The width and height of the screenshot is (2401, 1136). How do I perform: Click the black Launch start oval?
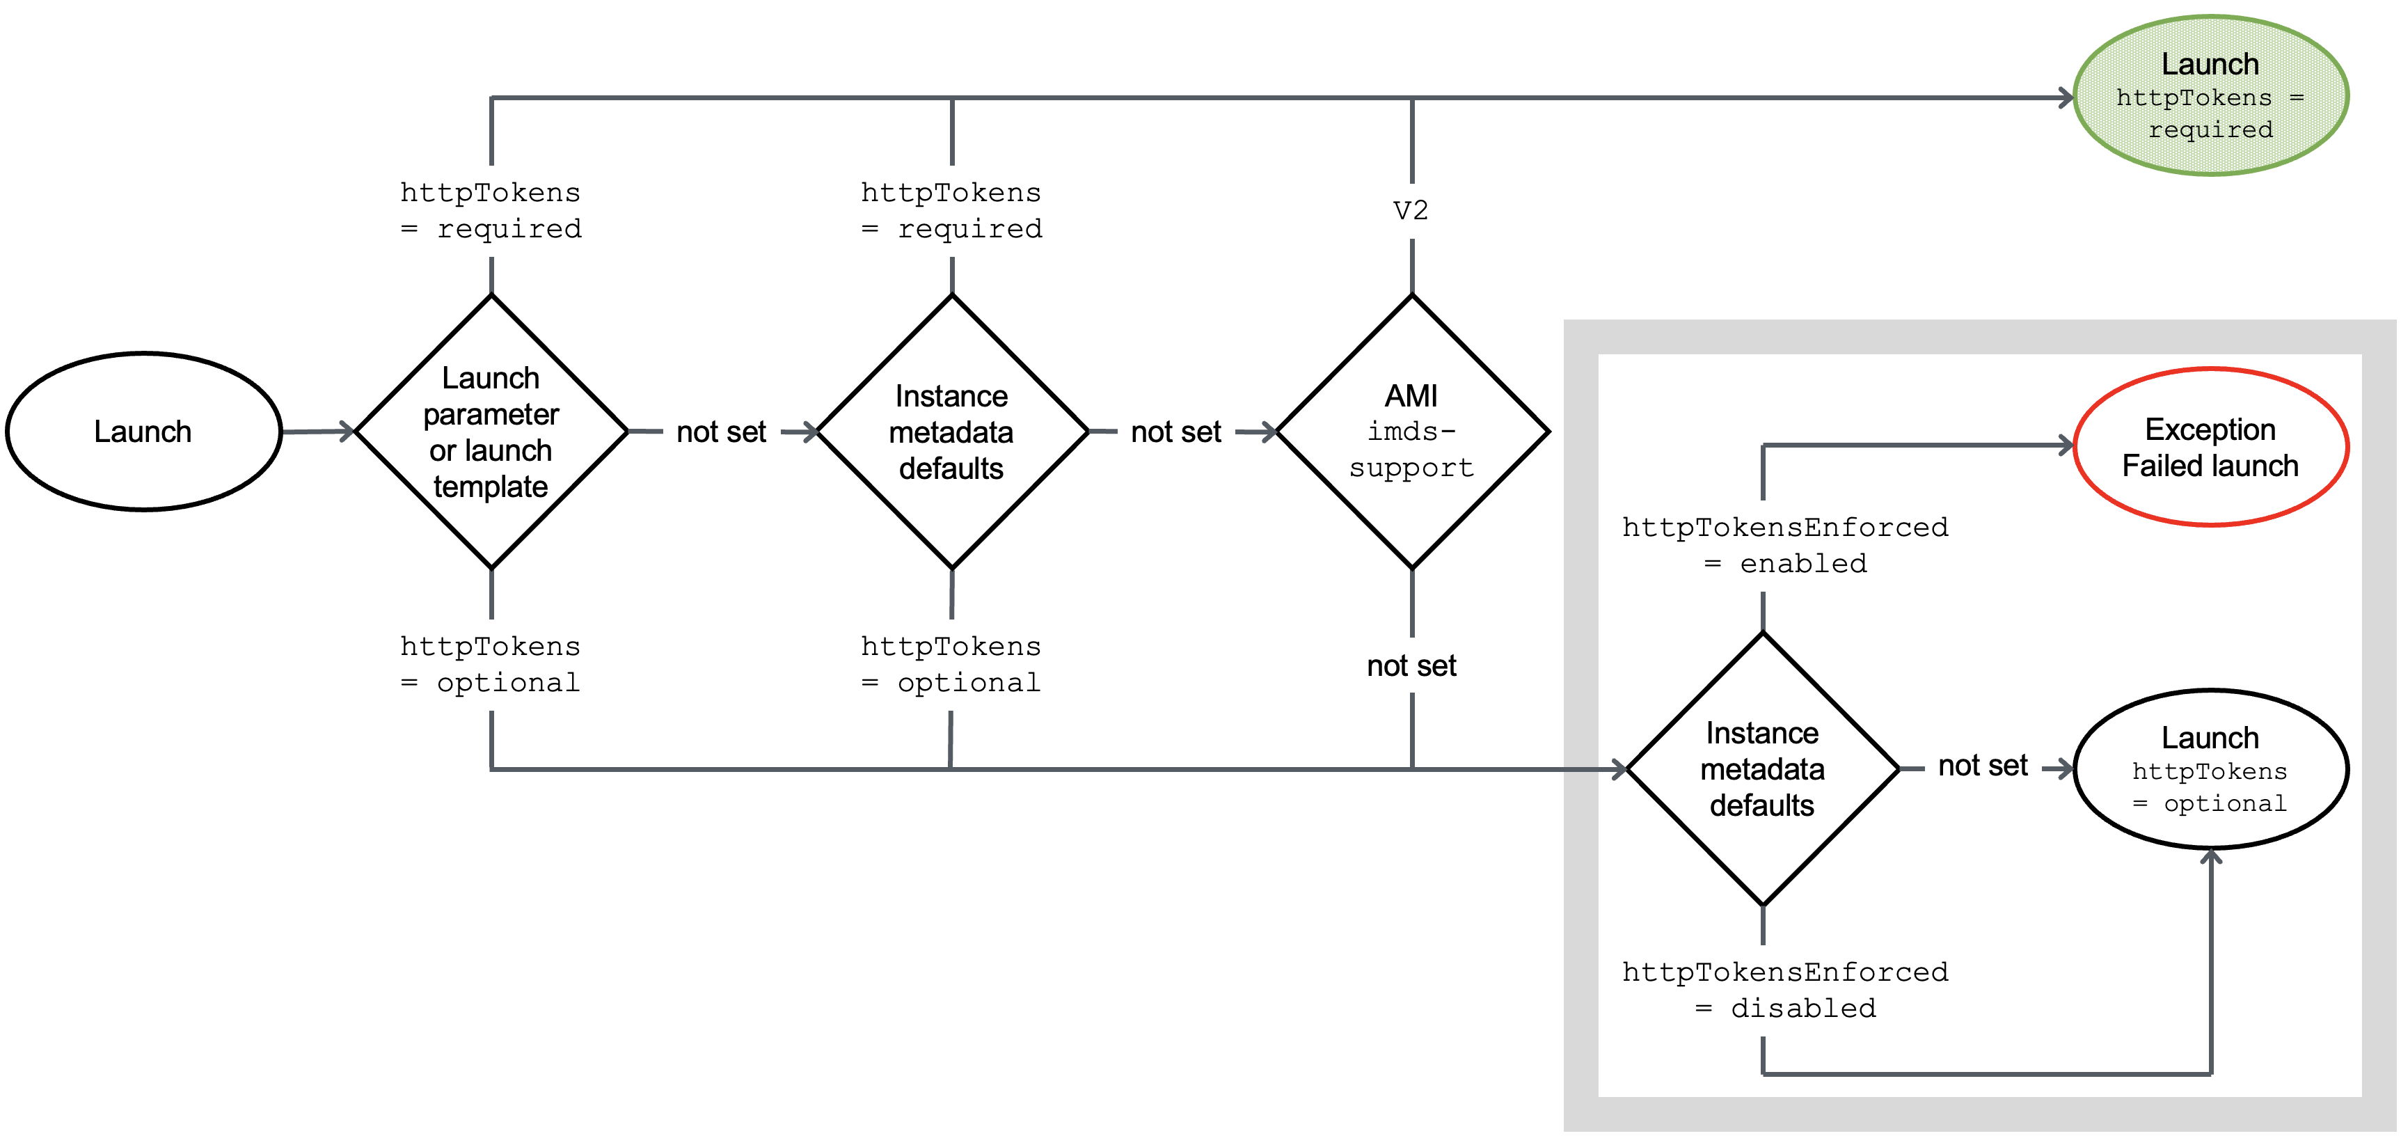(x=143, y=432)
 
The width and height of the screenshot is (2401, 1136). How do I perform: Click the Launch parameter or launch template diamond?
(x=491, y=432)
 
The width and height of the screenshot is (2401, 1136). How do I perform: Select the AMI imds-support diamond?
(x=1412, y=432)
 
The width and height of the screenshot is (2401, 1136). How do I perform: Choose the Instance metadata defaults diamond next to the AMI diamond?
(x=951, y=432)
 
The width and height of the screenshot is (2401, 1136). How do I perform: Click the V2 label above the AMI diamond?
(x=1411, y=211)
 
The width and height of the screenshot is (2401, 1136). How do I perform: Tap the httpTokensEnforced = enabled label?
(x=1785, y=545)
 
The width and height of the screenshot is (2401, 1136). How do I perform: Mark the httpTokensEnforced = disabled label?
(x=1785, y=990)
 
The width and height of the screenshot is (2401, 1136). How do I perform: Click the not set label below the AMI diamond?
(x=1411, y=665)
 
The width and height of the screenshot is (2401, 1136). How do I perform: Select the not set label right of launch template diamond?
(x=722, y=432)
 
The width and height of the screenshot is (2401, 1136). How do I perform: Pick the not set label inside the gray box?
(x=1983, y=766)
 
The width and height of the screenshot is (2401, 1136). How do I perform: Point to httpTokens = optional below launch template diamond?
(x=490, y=665)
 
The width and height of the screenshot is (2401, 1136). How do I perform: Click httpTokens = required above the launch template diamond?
(x=490, y=211)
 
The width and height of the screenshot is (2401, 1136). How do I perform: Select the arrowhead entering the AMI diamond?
(x=1269, y=432)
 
